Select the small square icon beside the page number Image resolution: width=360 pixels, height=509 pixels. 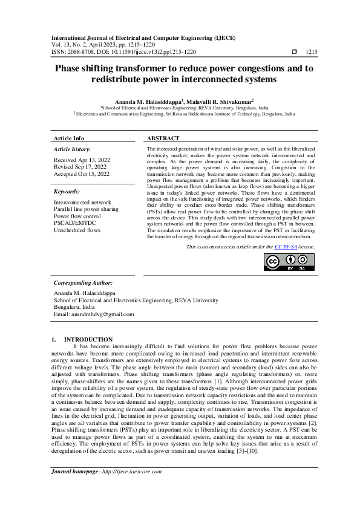coord(294,53)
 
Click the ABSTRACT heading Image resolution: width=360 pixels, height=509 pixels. coord(163,138)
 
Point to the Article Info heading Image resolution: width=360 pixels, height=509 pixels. coord(69,138)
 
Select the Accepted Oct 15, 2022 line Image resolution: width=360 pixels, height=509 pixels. coord(82,174)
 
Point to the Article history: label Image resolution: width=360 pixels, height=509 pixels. coord(73,149)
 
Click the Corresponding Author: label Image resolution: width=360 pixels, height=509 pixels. coord(83,282)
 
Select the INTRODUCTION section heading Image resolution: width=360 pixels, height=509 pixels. coord(88,339)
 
